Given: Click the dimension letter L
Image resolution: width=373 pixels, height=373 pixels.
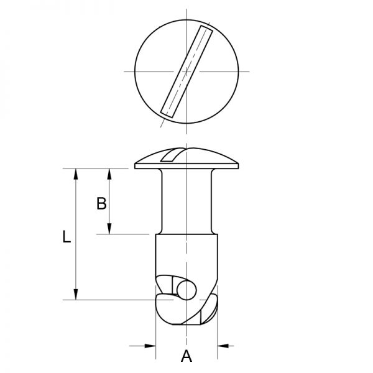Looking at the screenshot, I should [68, 237].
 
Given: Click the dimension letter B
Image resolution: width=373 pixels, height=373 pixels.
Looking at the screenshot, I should [101, 203].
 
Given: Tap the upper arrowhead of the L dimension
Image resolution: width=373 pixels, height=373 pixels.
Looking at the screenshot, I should [76, 175].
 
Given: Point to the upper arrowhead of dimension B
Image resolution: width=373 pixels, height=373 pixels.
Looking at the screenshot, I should [110, 175].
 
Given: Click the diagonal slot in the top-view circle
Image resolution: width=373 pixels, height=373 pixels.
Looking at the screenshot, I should [185, 71].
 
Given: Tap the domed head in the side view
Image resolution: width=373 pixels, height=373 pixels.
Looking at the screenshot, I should [205, 159].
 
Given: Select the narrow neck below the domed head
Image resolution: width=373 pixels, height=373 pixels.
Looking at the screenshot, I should [186, 199].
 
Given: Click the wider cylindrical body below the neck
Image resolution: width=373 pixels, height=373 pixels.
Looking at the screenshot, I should [186, 255].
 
